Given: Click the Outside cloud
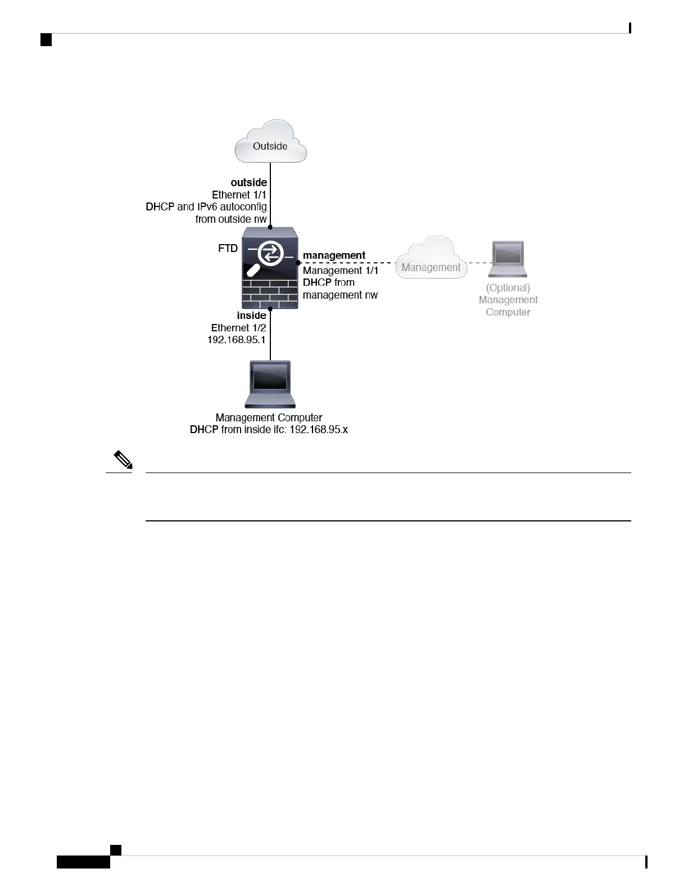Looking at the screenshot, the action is [270, 141].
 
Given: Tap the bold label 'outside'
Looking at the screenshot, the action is [249, 182].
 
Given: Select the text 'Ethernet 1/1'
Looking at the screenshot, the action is [239, 195].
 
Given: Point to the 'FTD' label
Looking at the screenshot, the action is [228, 249].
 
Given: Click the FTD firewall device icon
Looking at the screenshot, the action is [270, 268].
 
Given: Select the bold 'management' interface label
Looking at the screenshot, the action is [334, 255].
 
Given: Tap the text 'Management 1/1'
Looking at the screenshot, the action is [340, 271].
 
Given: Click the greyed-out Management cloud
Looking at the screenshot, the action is [431, 258].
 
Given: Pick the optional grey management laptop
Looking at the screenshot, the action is [508, 259].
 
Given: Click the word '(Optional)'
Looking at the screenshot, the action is [508, 288].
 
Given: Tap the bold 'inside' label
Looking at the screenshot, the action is [252, 316].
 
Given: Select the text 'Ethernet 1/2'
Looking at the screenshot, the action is [238, 328].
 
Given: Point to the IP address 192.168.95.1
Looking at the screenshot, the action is [237, 340].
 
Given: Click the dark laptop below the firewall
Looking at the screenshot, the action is [270, 384].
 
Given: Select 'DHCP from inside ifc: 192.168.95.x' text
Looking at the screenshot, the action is [269, 430].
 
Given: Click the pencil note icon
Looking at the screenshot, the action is [123, 460].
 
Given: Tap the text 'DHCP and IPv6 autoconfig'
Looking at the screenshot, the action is [206, 206].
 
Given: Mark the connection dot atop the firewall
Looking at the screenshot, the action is [270, 227].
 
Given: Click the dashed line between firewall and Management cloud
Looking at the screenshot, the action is [347, 263].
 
